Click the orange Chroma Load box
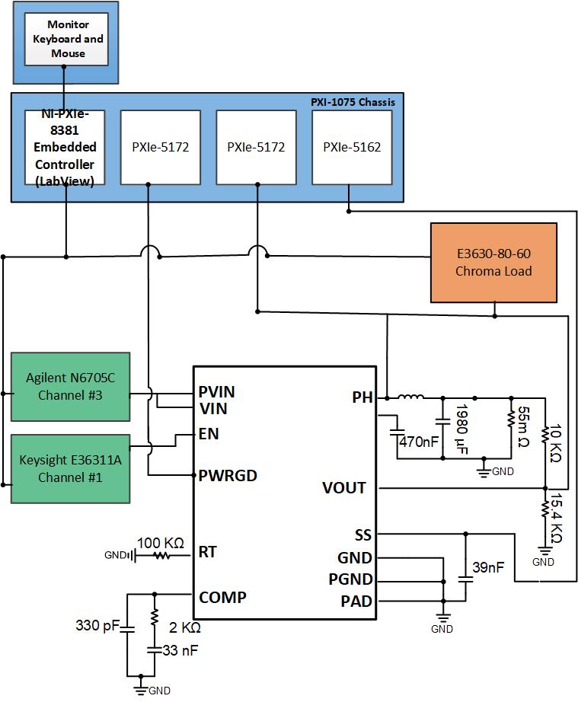point(494,262)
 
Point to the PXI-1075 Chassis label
point(353,101)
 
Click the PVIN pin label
point(216,393)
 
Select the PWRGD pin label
point(227,476)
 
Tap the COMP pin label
point(222,597)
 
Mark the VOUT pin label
point(343,487)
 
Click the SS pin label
point(362,534)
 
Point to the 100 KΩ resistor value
point(161,543)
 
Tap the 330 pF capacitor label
point(97,626)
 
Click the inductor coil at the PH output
point(411,396)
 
